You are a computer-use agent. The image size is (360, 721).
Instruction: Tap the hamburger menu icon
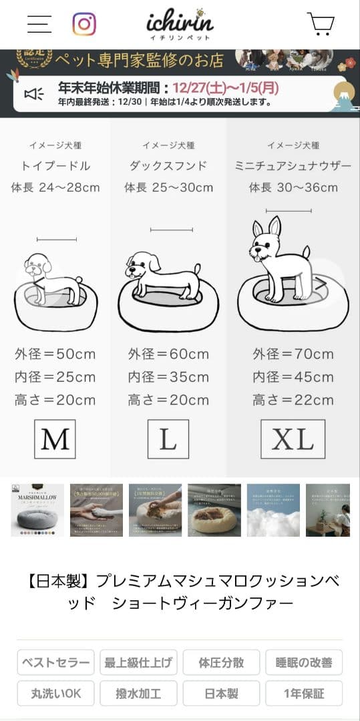pos(39,23)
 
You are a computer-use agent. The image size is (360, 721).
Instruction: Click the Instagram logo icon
pos(84,24)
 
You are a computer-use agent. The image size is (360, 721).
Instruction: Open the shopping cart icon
pos(321,24)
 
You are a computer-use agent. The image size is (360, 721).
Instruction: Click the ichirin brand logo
pos(180,24)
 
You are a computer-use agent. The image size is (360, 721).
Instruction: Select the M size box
pos(55,439)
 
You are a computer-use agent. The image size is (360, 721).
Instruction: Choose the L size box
pos(168,439)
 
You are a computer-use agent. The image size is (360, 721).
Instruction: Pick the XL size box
pos(293,439)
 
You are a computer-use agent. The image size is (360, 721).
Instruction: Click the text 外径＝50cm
pos(55,354)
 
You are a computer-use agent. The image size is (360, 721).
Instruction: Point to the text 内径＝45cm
pos(293,377)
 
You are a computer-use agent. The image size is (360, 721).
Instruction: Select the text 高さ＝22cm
pos(293,401)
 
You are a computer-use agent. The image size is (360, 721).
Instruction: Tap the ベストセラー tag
pos(55,662)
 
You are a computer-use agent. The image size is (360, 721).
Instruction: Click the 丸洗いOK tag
pos(55,694)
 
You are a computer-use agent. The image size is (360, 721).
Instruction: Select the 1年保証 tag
pos(304,694)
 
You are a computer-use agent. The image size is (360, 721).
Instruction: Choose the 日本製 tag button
pos(221,694)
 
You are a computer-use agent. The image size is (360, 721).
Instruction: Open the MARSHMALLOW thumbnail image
pos(37,511)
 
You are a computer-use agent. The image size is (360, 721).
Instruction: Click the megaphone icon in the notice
pos(34,94)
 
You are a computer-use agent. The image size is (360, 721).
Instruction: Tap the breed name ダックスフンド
pos(168,166)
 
